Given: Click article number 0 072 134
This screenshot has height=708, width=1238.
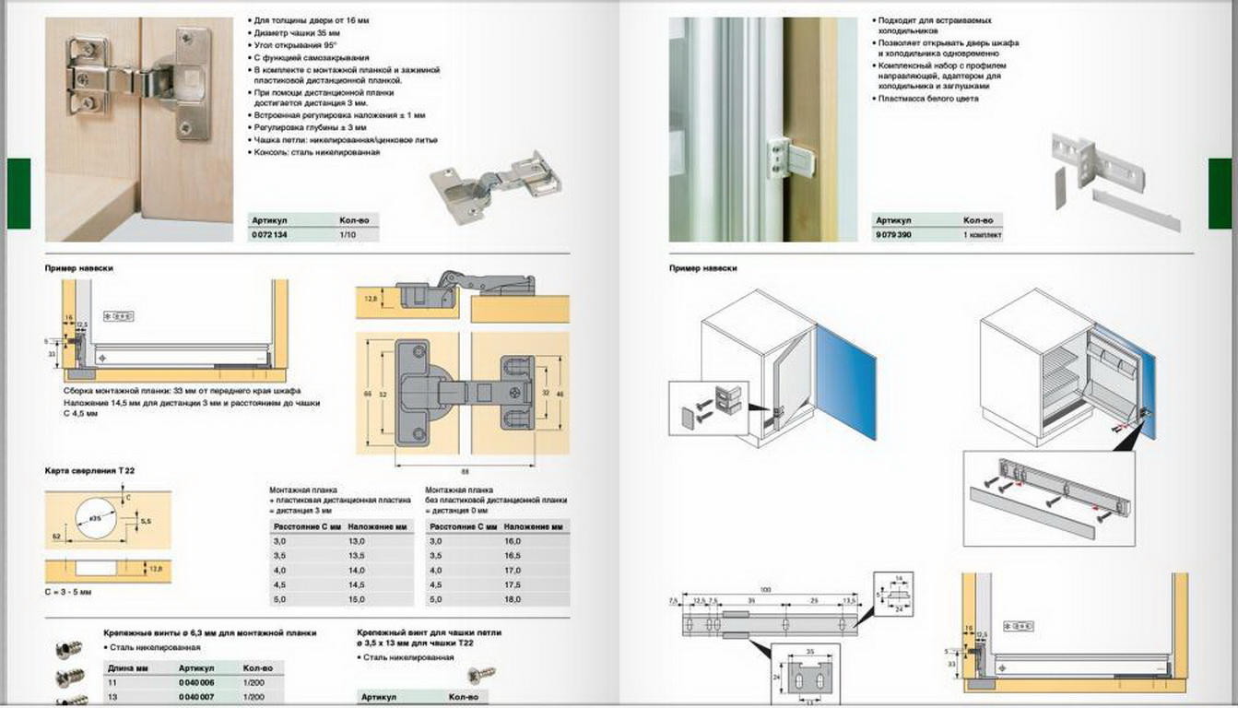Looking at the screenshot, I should (x=268, y=236).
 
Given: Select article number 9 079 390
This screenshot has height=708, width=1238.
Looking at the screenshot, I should (x=894, y=235).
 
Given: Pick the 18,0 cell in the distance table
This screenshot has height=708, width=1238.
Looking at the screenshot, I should (x=513, y=600).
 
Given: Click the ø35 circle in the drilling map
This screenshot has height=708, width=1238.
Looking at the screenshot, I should (x=96, y=521).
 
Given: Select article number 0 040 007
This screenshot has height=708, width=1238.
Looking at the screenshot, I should (x=195, y=696).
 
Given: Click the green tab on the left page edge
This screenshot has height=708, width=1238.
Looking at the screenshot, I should (x=18, y=193).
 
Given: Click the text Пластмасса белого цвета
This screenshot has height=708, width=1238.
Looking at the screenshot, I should (x=926, y=99).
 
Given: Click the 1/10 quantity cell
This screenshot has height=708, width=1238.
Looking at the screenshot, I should (x=348, y=236).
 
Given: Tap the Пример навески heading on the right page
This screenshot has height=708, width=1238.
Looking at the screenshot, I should (x=703, y=268).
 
